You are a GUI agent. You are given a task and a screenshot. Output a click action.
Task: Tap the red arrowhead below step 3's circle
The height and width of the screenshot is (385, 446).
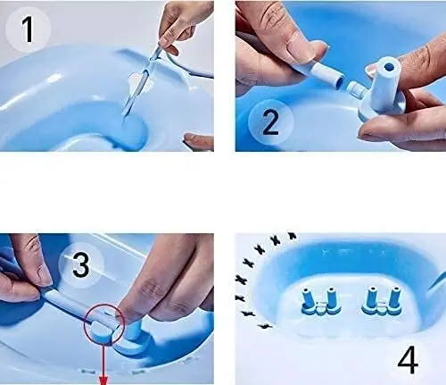pyautogui.click(x=103, y=380)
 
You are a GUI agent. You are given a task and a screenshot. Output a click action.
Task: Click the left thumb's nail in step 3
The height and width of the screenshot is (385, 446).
pyautogui.click(x=40, y=276)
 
